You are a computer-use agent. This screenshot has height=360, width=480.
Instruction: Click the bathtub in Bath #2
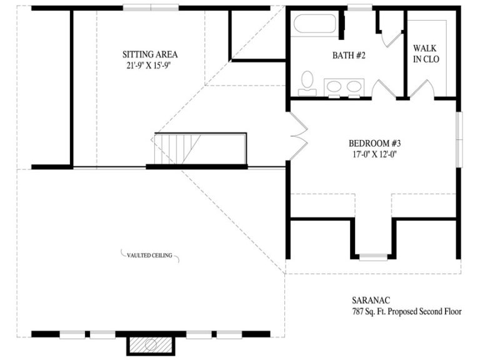coord(315,24)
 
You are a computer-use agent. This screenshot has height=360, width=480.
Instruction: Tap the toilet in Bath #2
coord(307,83)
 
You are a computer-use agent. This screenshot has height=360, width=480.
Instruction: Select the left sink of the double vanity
coord(334,86)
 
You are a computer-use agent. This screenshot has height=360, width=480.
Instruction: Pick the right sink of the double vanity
coord(354,86)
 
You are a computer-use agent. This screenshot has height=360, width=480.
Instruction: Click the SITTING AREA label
coord(150,54)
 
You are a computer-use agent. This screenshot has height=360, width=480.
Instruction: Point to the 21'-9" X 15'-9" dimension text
coord(148,66)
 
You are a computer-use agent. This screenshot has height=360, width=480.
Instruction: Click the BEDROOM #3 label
coord(375,143)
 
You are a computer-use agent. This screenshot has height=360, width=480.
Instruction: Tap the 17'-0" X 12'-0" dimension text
coord(375,154)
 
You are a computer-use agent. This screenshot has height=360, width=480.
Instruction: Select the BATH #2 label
coord(349,56)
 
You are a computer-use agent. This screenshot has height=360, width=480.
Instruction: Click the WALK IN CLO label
coord(426,54)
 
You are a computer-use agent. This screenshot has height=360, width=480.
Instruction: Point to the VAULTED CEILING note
coord(150,255)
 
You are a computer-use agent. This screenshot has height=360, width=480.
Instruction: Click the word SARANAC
coord(371,300)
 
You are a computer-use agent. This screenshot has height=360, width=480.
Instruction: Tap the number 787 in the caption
coord(357,312)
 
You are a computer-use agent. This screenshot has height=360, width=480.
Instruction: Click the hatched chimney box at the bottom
coord(151,345)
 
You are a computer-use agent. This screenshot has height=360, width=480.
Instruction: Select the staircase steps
coord(177,149)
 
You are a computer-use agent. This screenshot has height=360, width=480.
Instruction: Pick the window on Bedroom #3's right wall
coord(459,139)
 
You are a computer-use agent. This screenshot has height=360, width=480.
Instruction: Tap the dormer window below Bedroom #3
coord(373,256)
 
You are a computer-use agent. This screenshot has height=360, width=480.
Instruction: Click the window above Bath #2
coord(360,7)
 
